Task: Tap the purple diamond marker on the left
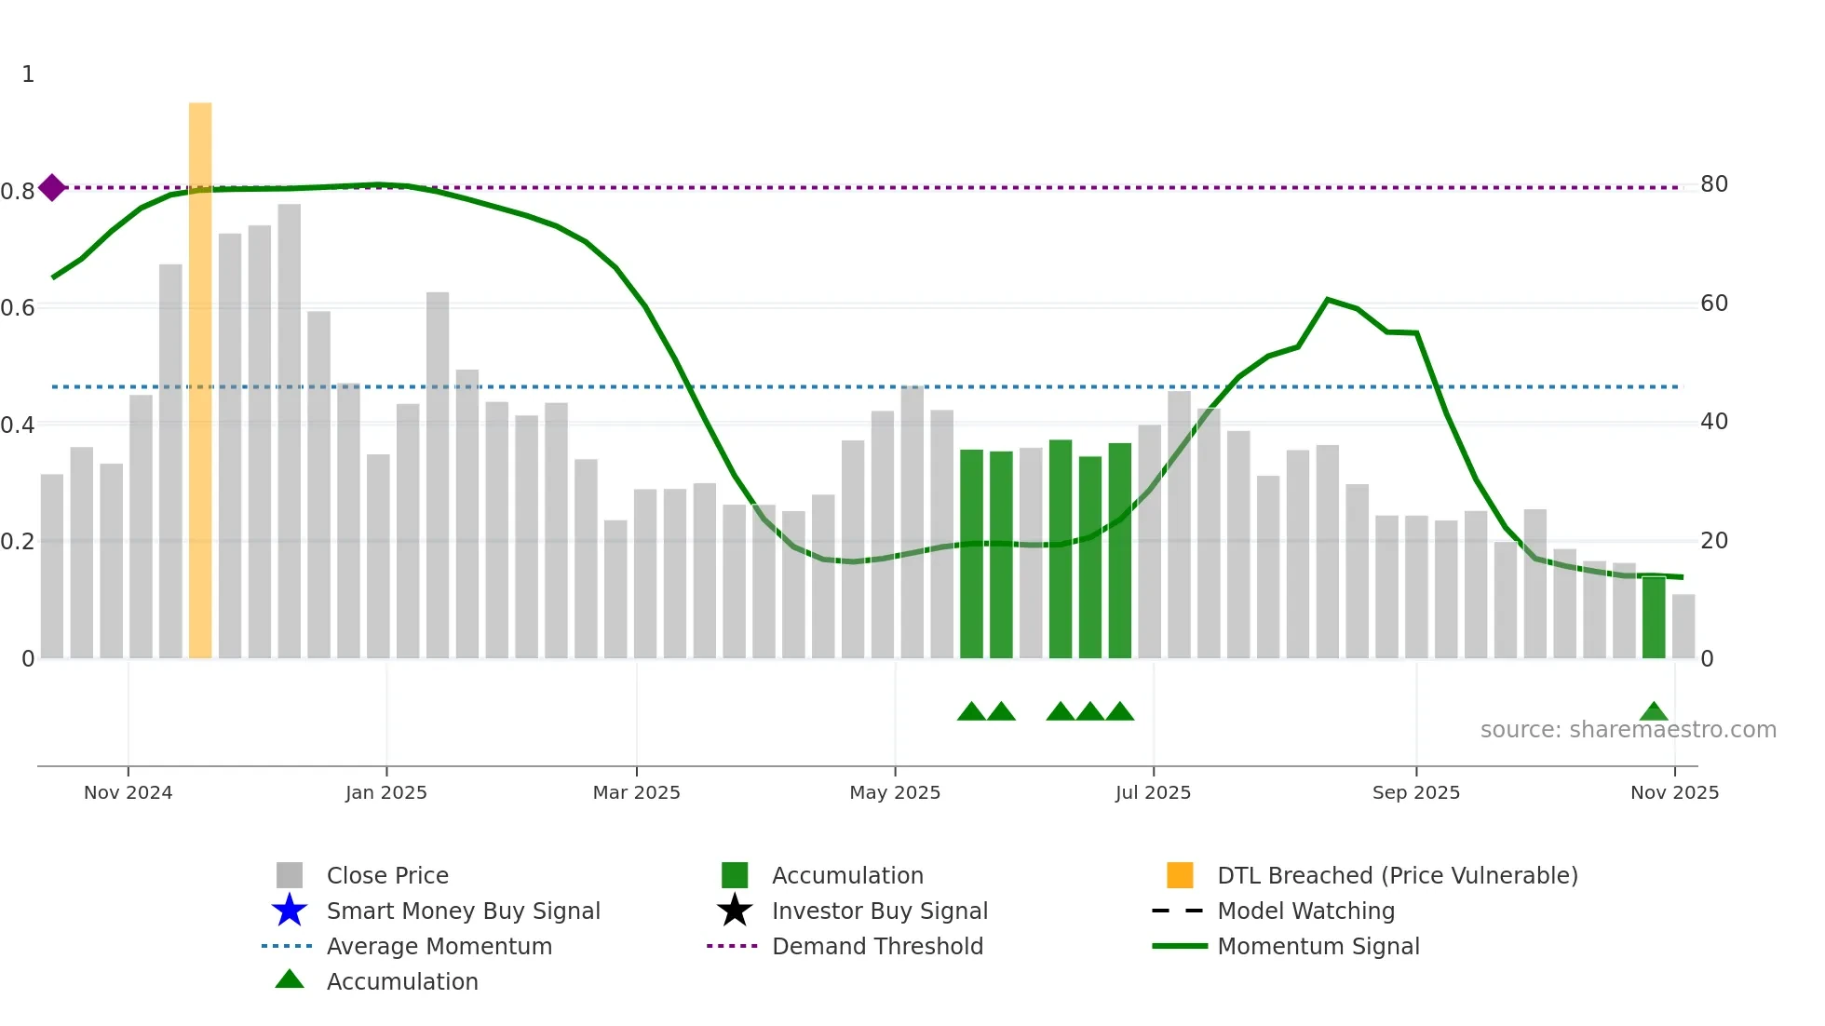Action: coord(52,187)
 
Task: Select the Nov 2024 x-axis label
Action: coord(128,792)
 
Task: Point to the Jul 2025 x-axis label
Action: coord(1153,792)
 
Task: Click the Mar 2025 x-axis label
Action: coord(636,792)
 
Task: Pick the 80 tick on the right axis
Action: coord(1713,184)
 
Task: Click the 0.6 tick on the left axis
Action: coord(18,308)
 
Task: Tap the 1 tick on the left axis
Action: coord(28,74)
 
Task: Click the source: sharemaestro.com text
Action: coord(1628,730)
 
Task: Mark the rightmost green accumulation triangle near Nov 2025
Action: coord(1654,712)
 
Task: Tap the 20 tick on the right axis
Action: coord(1713,541)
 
